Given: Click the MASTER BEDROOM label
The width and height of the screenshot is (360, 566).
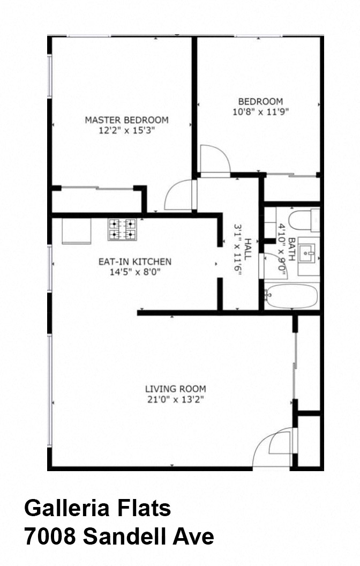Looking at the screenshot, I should tap(126, 120).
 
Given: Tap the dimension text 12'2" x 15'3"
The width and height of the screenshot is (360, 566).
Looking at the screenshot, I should tap(126, 130).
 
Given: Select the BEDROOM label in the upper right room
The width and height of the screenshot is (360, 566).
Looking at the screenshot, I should tap(260, 101).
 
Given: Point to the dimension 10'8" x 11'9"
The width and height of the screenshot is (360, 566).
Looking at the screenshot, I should tap(260, 112).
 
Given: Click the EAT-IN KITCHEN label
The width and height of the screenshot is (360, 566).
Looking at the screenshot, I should tap(134, 262).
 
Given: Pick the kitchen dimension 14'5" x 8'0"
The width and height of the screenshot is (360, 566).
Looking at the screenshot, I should tap(134, 272).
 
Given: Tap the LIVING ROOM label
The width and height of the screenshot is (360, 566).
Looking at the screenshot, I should tap(175, 389).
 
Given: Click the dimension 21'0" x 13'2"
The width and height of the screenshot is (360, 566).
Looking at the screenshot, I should tap(175, 399).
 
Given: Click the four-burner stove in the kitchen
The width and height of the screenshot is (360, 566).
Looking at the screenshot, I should tap(122, 230).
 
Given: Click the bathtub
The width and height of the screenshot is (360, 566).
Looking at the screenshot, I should tap(291, 296).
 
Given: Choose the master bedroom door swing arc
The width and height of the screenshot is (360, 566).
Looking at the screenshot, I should tap(178, 196).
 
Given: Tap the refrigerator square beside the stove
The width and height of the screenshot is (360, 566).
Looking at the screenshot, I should tap(76, 230).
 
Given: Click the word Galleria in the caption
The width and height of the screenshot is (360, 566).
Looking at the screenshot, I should tap(64, 508).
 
